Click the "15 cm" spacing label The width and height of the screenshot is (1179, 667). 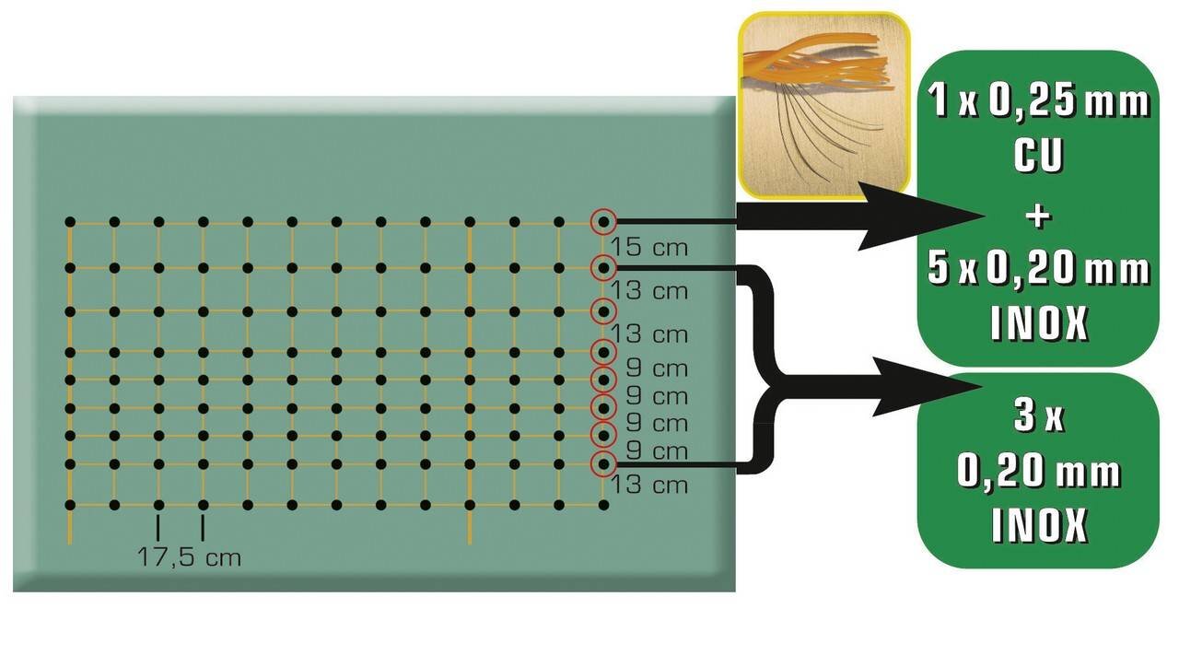(649, 249)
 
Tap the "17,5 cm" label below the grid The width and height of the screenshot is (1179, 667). (189, 557)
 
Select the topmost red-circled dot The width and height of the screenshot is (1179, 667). (603, 222)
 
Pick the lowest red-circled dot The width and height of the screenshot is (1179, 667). (603, 463)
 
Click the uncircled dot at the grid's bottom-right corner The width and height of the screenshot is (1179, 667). (603, 505)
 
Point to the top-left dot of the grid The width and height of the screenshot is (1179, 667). (70, 222)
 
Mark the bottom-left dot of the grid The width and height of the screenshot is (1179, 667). (70, 505)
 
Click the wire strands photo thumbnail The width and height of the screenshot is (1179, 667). (823, 104)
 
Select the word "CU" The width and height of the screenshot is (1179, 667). (1038, 158)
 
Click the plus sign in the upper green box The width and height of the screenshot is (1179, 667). (1038, 216)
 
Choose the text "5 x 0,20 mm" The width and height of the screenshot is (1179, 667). (1039, 271)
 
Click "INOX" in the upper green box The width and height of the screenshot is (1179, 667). (1039, 323)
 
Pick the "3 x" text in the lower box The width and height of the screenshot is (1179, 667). (1038, 419)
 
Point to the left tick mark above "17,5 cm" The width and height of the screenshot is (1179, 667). (158, 528)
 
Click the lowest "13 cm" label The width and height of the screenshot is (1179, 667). (649, 486)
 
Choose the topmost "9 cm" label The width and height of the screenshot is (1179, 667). (655, 368)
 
